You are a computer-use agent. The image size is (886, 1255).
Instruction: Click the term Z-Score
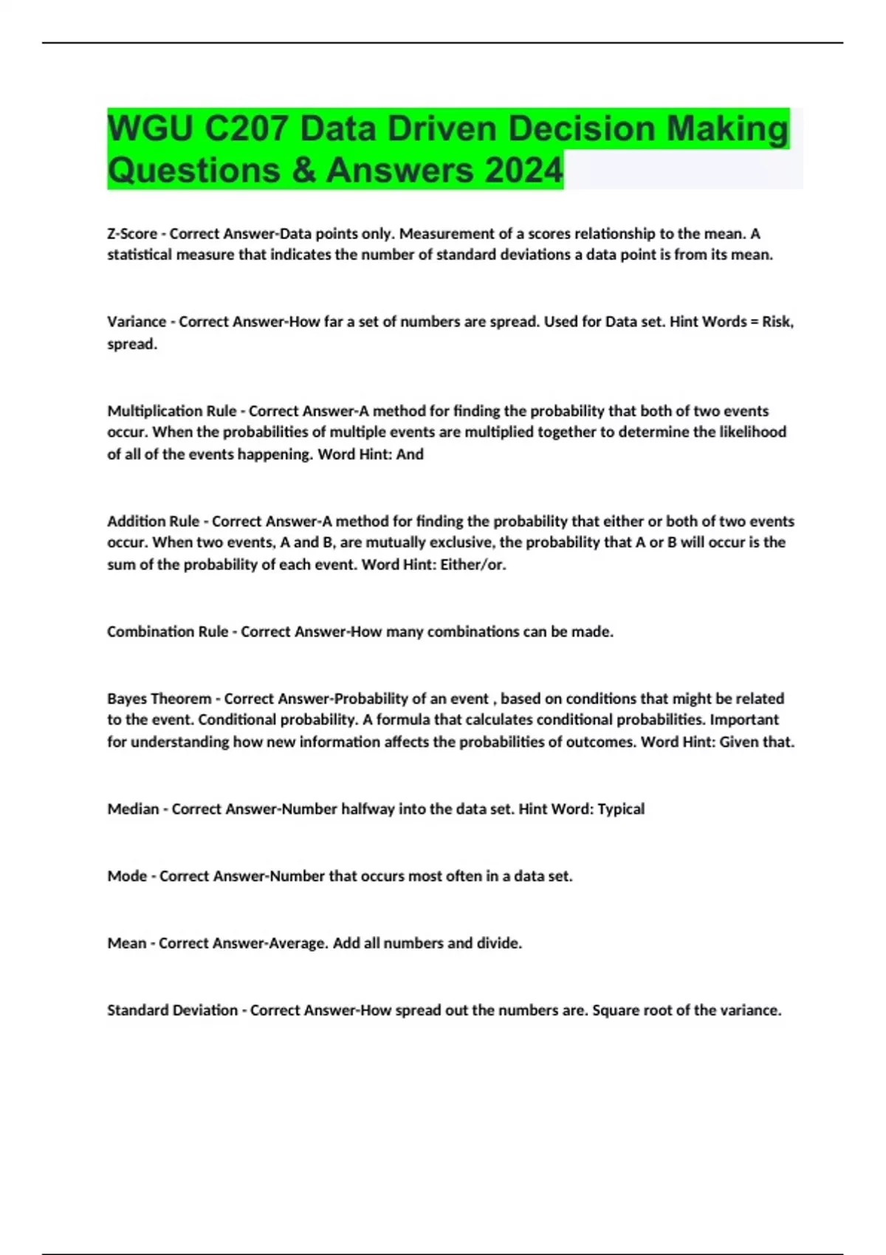click(132, 234)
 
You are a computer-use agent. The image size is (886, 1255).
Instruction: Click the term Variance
click(137, 322)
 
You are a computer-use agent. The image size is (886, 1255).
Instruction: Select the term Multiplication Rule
click(172, 411)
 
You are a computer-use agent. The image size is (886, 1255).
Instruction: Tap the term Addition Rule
click(153, 521)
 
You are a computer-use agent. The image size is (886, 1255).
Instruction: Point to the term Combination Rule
click(168, 632)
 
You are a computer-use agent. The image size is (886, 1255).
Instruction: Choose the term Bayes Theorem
click(159, 698)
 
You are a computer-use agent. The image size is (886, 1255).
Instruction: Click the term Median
click(133, 809)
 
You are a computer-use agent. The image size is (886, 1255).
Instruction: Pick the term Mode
click(127, 876)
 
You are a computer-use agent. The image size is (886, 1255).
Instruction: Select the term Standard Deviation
click(172, 1010)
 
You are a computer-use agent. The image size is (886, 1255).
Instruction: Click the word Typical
click(621, 809)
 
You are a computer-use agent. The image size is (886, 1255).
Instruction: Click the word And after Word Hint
click(410, 455)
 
